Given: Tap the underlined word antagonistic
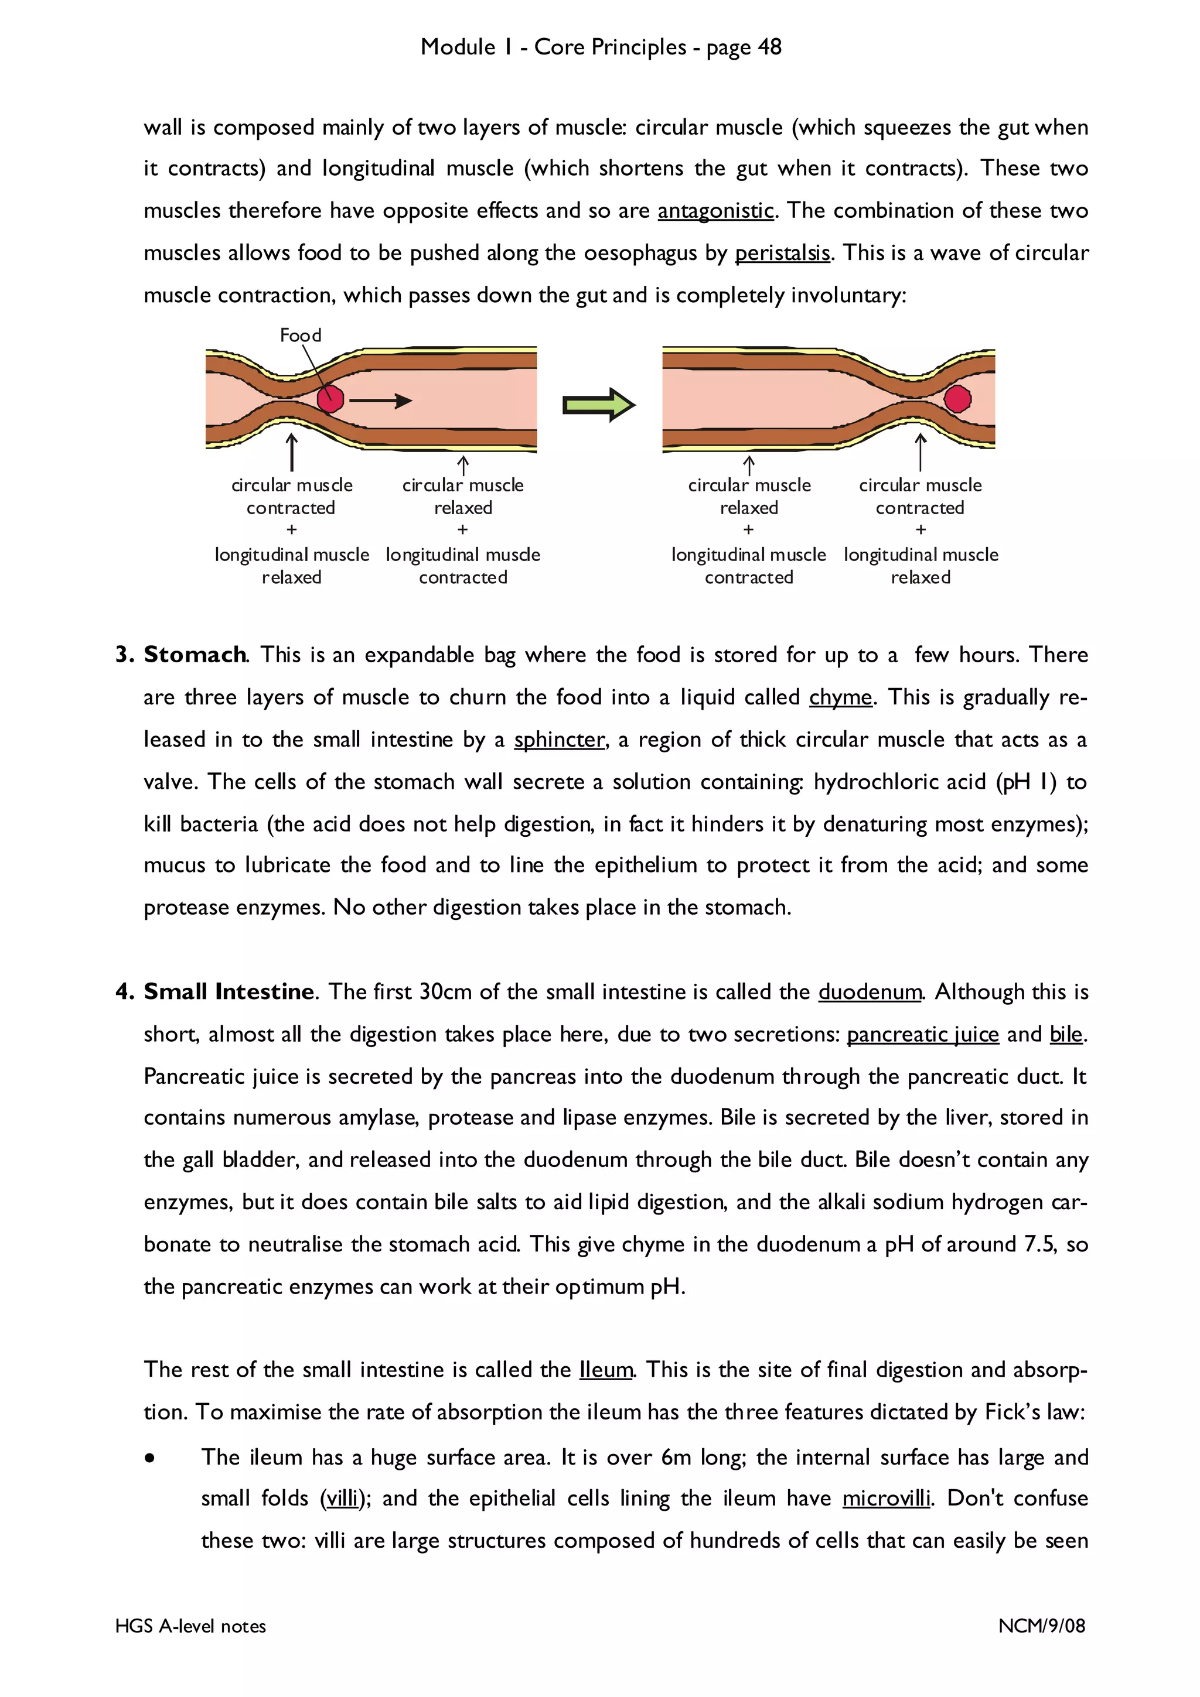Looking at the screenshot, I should coord(715,211).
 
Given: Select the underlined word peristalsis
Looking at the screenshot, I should coord(782,254).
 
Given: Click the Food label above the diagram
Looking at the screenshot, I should coord(300,336).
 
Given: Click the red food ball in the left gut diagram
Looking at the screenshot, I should coord(330,398).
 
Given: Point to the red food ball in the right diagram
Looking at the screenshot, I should coord(957,398).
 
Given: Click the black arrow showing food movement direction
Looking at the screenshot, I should coord(380,401).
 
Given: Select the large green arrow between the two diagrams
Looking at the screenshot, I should coord(598,404).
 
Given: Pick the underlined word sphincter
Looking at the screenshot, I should coord(560,740).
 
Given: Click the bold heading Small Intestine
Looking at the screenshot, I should coord(229,992).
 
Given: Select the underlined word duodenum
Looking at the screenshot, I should coord(870,992).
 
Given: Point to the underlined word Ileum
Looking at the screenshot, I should coord(605,1370).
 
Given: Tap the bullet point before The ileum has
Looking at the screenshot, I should coord(150,1458).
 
